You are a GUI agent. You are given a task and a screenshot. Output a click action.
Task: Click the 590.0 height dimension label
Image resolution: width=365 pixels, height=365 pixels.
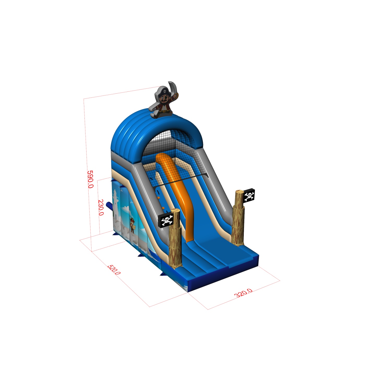point(90,179)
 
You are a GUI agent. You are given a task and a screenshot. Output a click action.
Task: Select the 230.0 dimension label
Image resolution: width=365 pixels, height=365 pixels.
point(101,208)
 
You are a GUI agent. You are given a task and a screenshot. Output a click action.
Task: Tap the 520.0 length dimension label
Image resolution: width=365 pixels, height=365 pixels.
point(114,270)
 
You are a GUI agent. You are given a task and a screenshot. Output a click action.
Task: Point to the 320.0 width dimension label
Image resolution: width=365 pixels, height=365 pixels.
point(244,293)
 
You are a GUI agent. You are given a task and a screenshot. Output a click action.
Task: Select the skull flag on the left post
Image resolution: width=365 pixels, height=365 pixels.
point(166,220)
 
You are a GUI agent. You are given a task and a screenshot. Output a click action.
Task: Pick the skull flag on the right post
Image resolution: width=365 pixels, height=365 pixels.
point(249,195)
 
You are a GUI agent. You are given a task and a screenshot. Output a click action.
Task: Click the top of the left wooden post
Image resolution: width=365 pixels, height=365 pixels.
point(175,210)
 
